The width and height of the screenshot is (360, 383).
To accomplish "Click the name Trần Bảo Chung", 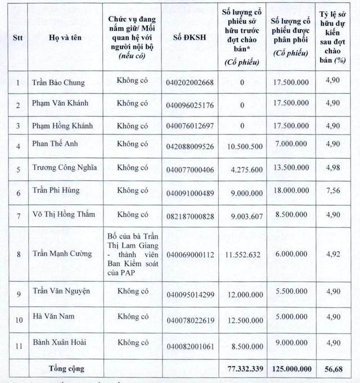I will (58, 83).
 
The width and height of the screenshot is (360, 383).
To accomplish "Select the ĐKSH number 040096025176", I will (190, 104).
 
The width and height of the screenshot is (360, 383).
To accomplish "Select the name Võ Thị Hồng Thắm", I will (64, 214).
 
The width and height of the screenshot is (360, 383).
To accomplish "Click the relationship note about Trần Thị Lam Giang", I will (132, 254).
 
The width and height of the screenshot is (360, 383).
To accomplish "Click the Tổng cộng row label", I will (65, 368).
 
